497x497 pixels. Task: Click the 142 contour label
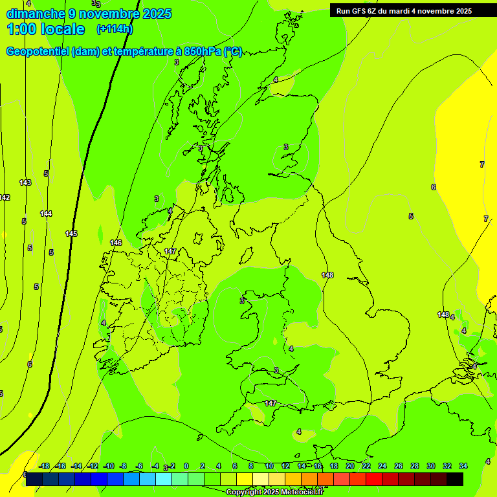(5, 197)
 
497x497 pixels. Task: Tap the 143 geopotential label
(25, 182)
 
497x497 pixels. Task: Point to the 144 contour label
(46, 214)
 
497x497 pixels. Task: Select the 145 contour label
(71, 234)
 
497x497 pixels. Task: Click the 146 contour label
(116, 243)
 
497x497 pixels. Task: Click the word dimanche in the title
(35, 14)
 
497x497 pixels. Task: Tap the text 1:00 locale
(46, 29)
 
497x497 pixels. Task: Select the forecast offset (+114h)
(115, 29)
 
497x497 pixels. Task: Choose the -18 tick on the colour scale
(44, 466)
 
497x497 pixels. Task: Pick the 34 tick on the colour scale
(463, 466)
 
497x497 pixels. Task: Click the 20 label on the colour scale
(350, 466)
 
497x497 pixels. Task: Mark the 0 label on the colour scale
(186, 466)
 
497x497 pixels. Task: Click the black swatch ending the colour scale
(455, 479)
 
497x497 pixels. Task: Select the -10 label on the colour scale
(109, 466)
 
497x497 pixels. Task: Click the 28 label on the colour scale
(415, 466)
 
